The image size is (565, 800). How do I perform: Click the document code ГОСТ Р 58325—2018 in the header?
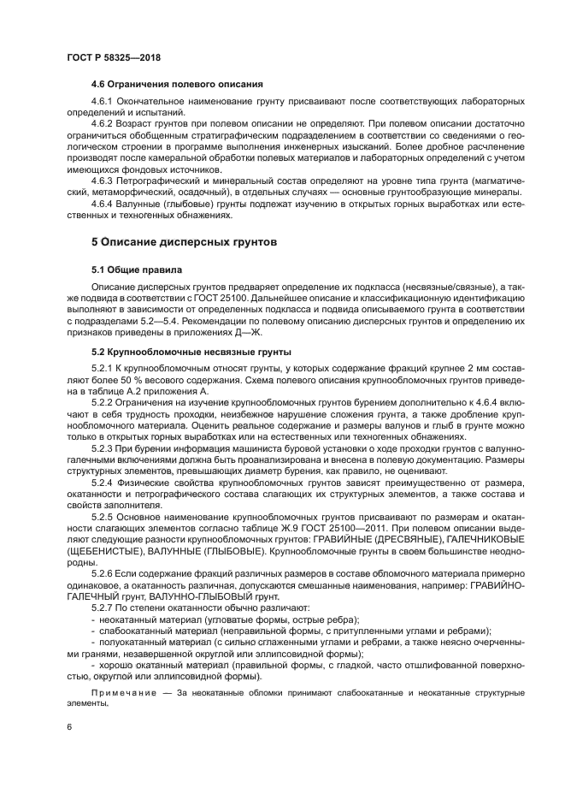tap(113, 56)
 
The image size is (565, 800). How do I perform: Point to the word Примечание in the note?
tap(121, 692)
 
